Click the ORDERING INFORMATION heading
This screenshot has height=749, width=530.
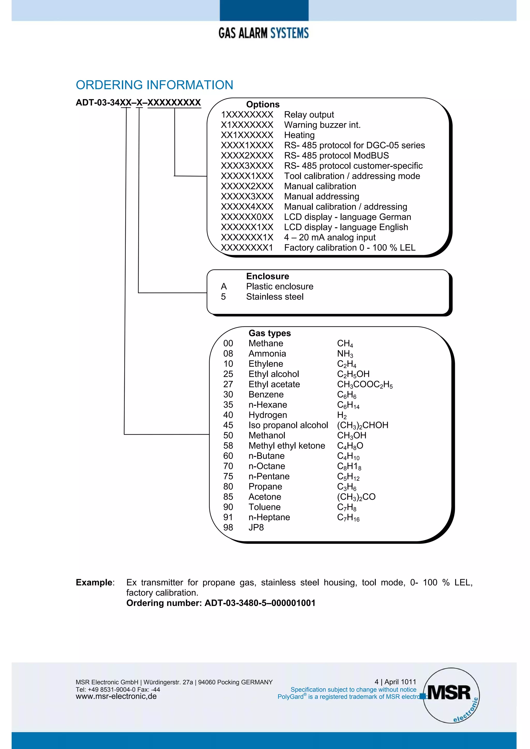tap(154, 85)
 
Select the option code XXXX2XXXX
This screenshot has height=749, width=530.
tap(247, 156)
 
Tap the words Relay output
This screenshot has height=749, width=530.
tap(309, 115)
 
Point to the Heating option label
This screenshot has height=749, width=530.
tap(299, 135)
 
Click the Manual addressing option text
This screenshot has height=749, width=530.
tap(321, 196)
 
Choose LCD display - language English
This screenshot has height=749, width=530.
tap(346, 227)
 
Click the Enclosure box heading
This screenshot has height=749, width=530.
tap(267, 276)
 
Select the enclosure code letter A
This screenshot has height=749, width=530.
tap(224, 286)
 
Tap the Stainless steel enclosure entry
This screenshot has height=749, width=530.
tap(275, 297)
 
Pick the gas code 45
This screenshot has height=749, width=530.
tap(228, 425)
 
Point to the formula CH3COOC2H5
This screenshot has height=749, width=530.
tap(365, 385)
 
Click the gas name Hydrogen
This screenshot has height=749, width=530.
tap(267, 415)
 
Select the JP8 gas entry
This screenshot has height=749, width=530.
tap(256, 527)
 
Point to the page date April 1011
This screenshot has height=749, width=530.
tap(400, 682)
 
